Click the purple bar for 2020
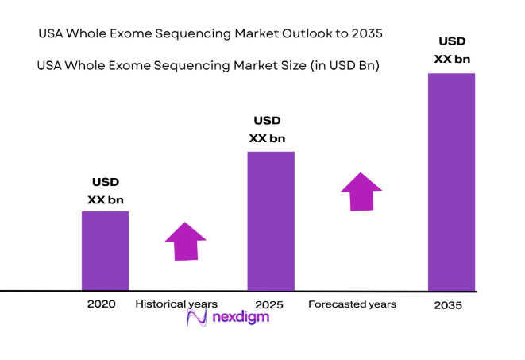[105, 250]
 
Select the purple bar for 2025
[271, 221]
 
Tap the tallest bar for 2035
[451, 182]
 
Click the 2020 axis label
[102, 304]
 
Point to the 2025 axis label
[269, 304]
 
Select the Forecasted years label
[352, 304]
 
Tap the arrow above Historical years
[185, 240]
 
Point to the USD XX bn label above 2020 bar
[105, 192]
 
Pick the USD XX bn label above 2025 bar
[267, 130]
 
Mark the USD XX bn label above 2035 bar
[451, 49]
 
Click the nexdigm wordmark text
[241, 318]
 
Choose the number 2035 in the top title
[365, 34]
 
